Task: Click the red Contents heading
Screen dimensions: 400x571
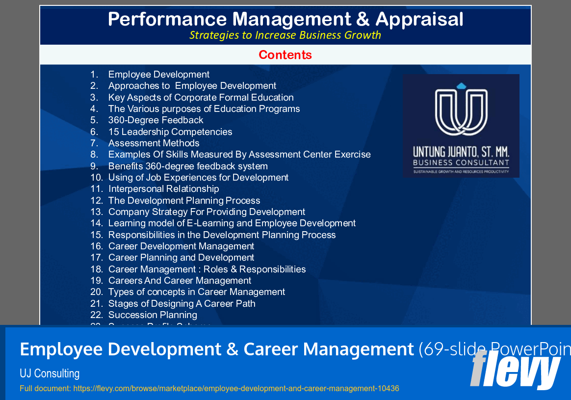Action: click(x=285, y=55)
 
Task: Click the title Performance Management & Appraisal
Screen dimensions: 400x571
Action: click(x=285, y=20)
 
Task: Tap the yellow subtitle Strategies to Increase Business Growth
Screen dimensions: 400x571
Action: click(x=285, y=35)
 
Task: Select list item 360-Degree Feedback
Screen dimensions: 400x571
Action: click(x=156, y=120)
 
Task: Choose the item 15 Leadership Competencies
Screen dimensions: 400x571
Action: click(x=170, y=132)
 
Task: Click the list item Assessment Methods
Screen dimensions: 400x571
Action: click(x=154, y=143)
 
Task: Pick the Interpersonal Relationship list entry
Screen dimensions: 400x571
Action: click(x=163, y=189)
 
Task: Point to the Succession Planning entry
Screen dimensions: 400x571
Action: click(x=153, y=315)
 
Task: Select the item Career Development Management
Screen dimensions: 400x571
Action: click(x=181, y=246)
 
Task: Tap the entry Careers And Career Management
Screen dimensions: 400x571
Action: click(x=180, y=281)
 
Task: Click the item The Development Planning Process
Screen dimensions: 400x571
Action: click(x=184, y=201)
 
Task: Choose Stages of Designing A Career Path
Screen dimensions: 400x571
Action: click(x=182, y=304)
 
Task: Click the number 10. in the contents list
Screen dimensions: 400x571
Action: click(x=97, y=178)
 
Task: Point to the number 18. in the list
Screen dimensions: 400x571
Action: click(x=97, y=269)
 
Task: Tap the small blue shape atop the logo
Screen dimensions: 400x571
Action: click(x=461, y=86)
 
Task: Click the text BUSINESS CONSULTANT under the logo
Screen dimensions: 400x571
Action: click(x=461, y=162)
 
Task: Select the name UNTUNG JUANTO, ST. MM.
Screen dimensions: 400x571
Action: click(x=461, y=152)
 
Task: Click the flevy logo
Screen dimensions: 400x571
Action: click(x=515, y=371)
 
